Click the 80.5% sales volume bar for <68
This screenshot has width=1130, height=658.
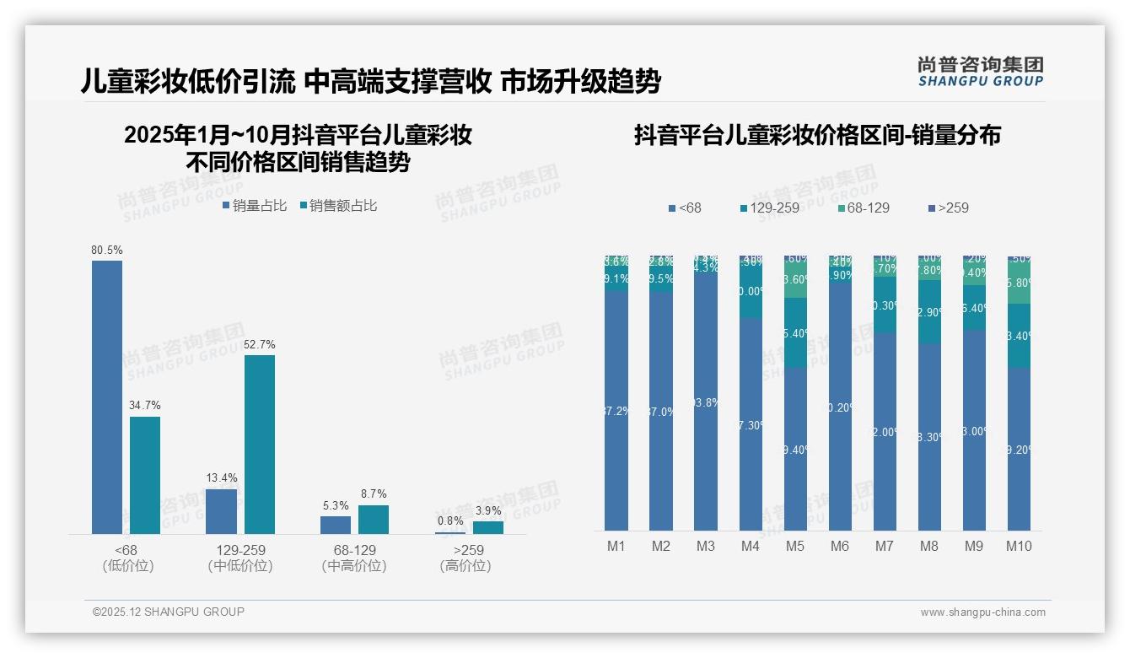107,396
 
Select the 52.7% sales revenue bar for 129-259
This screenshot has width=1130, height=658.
260,444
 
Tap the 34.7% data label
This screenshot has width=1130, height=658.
144,406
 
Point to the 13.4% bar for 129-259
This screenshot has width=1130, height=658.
221,511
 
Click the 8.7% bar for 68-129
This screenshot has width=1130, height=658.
374,519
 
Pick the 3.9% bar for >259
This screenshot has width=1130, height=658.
487,527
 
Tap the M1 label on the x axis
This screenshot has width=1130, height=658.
616,546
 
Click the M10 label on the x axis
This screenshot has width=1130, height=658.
1019,546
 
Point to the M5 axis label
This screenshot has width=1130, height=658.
795,546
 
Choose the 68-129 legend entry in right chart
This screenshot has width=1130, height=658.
864,208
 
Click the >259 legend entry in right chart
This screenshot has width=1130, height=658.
948,208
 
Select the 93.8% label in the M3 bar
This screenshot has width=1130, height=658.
705,403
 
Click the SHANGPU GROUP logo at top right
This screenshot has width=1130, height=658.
980,72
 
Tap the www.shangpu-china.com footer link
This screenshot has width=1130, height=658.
982,612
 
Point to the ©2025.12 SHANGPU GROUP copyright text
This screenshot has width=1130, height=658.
169,612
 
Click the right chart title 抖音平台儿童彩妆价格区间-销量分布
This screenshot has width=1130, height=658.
817,136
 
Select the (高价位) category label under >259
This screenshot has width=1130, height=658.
465,566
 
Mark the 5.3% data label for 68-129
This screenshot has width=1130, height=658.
335,506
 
